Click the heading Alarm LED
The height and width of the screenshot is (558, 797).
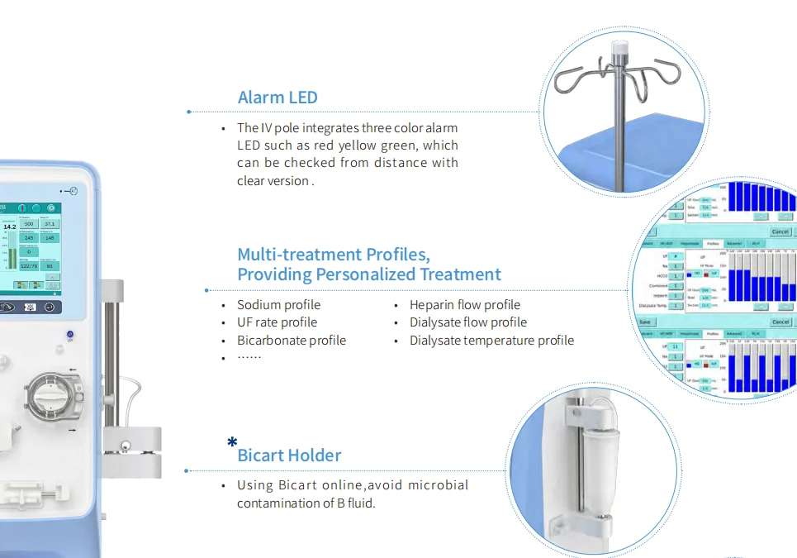[278, 98]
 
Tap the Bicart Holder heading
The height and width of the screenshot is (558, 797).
[289, 455]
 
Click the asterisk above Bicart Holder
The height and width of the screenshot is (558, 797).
[232, 442]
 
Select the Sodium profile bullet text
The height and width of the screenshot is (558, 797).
[278, 305]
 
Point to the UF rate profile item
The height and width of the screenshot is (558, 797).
[277, 322]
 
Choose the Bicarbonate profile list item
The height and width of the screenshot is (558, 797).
[292, 341]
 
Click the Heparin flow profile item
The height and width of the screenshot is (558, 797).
[465, 305]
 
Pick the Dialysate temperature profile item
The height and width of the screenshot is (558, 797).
[491, 341]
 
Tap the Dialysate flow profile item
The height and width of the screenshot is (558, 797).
[468, 322]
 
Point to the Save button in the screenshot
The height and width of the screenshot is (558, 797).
[645, 322]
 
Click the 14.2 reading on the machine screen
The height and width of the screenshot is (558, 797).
[10, 226]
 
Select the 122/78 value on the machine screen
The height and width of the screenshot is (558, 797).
[29, 265]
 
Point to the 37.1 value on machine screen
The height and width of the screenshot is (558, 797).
[50, 224]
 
